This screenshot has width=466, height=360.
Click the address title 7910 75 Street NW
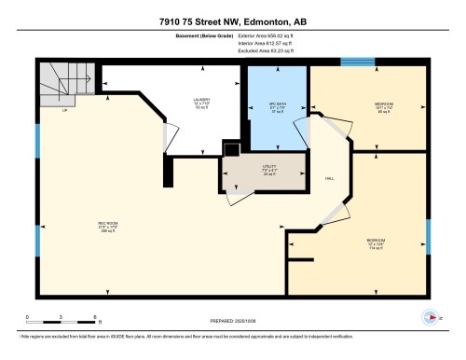coord(233,14)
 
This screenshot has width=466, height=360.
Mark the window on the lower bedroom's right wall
coord(428,234)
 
